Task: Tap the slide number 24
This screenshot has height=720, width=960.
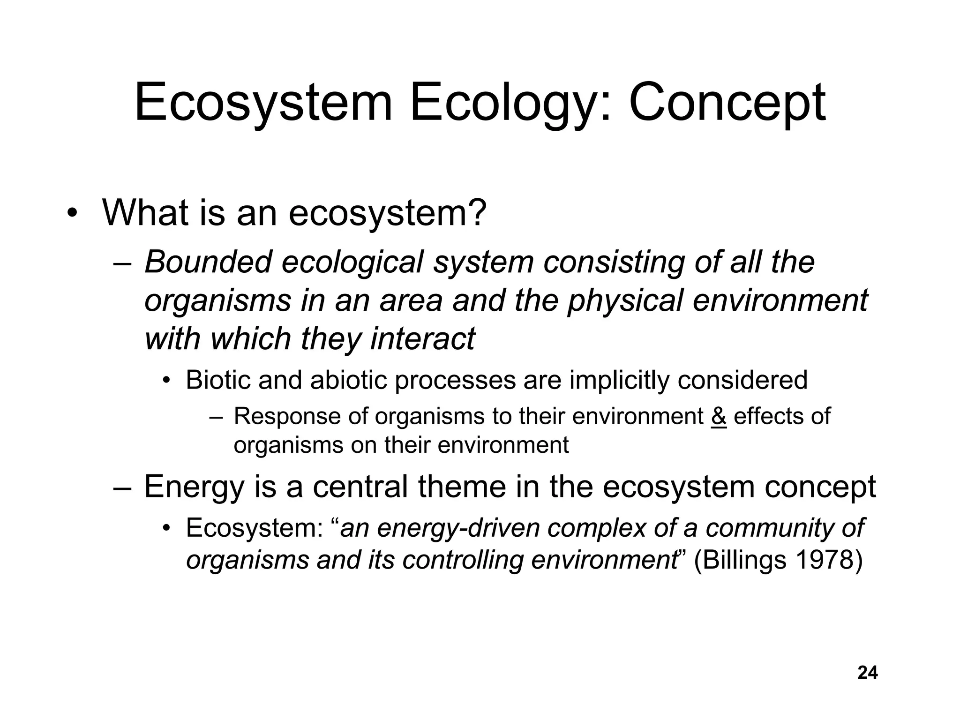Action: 867,673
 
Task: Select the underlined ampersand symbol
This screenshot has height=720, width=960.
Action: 719,416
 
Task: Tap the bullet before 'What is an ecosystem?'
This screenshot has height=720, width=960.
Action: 71,214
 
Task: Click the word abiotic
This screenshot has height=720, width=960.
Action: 349,380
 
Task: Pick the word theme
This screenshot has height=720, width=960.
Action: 462,487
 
